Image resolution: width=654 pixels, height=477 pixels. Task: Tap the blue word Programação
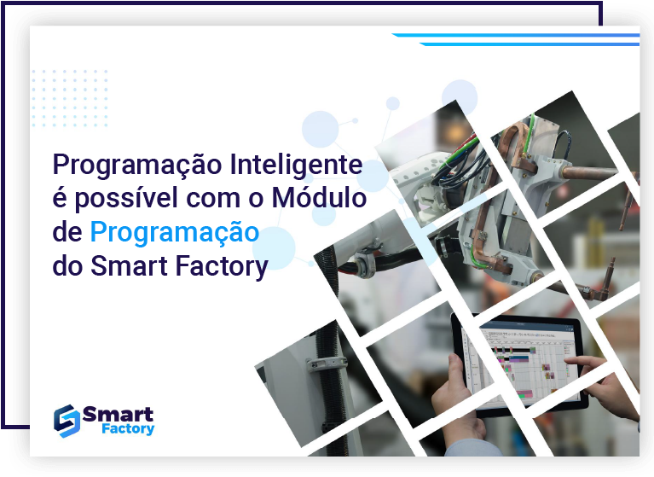click(174, 232)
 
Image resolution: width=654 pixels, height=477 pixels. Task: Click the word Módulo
click(318, 198)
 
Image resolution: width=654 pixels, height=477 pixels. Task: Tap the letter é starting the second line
click(60, 199)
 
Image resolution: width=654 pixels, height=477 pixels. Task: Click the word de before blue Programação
click(67, 232)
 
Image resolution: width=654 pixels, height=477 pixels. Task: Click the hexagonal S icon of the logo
click(66, 418)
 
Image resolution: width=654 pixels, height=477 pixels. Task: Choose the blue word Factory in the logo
click(124, 429)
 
